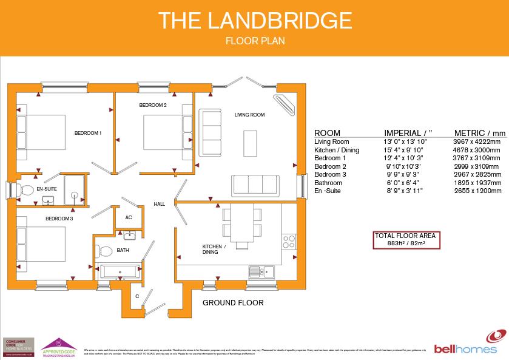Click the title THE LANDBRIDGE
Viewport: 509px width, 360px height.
[x=254, y=21]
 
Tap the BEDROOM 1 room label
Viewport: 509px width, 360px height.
[x=88, y=133]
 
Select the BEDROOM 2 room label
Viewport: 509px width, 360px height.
[x=152, y=105]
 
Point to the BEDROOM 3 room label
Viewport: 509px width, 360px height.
[x=59, y=219]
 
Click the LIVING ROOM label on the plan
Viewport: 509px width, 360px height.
[x=250, y=114]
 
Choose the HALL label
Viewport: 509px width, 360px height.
[x=160, y=204]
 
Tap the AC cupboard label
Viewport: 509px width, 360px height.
[x=129, y=217]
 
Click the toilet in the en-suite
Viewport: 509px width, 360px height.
[x=26, y=190]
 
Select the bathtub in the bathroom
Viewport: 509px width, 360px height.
[x=119, y=271]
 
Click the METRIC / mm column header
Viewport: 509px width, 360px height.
[x=479, y=133]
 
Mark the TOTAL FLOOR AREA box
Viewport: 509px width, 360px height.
[x=406, y=240]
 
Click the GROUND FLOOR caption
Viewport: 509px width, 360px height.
[x=233, y=302]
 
